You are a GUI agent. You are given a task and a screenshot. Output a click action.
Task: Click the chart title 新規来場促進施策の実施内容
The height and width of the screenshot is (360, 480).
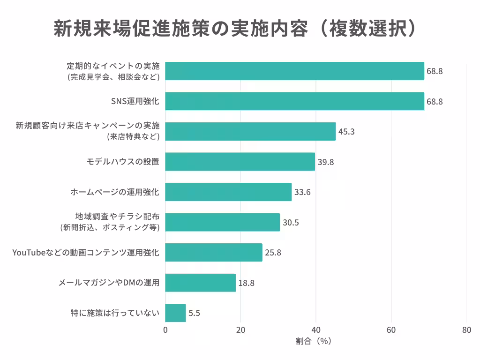tap(234, 29)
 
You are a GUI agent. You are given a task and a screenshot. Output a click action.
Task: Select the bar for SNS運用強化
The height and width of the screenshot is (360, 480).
tap(294, 101)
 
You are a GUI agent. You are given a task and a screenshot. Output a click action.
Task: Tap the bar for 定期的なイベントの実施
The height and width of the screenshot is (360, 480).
tap(294, 71)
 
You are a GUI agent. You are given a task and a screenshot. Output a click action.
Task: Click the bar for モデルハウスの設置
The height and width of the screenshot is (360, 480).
tap(240, 162)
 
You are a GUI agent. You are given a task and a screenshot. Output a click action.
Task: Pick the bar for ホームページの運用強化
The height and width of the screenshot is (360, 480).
tap(228, 192)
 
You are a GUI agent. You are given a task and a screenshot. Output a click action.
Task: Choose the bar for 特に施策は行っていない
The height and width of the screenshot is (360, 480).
tap(176, 313)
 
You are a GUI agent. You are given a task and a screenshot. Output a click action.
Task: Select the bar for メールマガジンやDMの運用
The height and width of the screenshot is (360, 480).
tap(201, 283)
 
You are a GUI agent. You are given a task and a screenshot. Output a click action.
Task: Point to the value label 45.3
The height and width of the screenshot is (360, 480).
tap(346, 132)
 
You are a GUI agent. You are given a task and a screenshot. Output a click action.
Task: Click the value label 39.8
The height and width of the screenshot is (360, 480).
tap(326, 162)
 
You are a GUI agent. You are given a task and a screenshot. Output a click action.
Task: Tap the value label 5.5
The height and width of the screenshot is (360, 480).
tap(195, 313)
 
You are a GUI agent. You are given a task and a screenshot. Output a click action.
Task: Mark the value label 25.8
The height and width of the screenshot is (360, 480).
tap(273, 253)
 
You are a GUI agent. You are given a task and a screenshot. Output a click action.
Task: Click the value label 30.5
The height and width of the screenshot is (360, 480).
tap(291, 222)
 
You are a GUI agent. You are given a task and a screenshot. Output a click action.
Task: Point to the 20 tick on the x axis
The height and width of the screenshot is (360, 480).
tap(240, 330)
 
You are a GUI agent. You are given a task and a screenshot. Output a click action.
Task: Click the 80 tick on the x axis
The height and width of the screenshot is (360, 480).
tap(466, 330)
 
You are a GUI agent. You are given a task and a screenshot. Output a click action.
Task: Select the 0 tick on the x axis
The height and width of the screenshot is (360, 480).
tap(165, 330)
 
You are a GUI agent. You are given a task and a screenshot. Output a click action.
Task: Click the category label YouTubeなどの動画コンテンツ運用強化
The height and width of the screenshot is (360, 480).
tap(86, 253)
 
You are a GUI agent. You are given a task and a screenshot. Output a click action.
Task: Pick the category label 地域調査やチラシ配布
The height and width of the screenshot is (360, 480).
tap(117, 217)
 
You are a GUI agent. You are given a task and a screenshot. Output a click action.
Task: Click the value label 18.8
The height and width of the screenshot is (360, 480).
tap(247, 283)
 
